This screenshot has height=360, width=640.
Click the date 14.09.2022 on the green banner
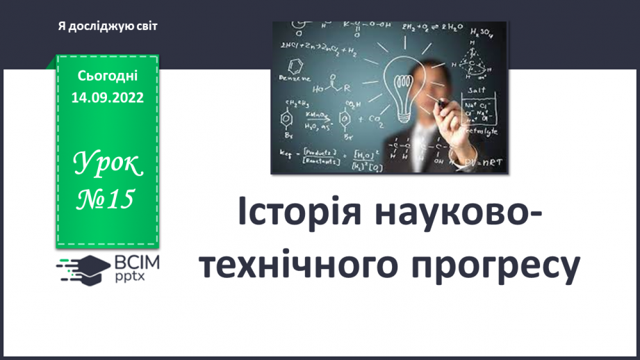107,98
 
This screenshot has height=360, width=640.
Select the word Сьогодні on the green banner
107,75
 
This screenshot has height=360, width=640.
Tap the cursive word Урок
107,165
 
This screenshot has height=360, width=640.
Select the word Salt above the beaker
476,90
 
